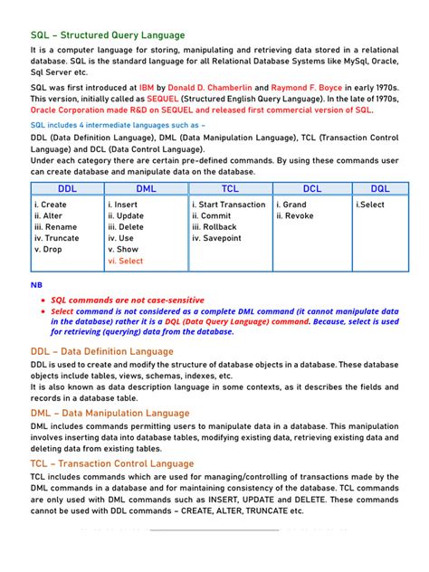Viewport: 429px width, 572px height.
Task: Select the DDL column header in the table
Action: [x=67, y=188]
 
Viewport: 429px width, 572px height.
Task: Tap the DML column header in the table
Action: [x=145, y=188]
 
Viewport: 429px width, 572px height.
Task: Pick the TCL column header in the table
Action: [x=229, y=188]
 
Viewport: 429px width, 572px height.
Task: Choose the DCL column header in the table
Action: [x=311, y=188]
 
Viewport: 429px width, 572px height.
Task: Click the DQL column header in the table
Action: [x=380, y=188]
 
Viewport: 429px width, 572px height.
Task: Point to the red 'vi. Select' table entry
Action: [x=126, y=261]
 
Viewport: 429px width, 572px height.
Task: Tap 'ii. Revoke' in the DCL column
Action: [x=295, y=216]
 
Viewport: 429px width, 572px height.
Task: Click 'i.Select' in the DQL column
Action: [x=370, y=205]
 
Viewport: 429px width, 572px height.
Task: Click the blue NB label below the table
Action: [x=36, y=284]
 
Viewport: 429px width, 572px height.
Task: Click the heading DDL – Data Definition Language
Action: [x=101, y=351]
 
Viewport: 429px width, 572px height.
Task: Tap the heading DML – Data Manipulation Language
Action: [x=110, y=413]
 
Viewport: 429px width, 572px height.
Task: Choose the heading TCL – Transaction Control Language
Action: [x=111, y=462]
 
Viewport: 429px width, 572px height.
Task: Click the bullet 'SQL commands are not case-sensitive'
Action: [x=128, y=300]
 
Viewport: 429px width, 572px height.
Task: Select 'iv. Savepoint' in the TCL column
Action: [x=217, y=238]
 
